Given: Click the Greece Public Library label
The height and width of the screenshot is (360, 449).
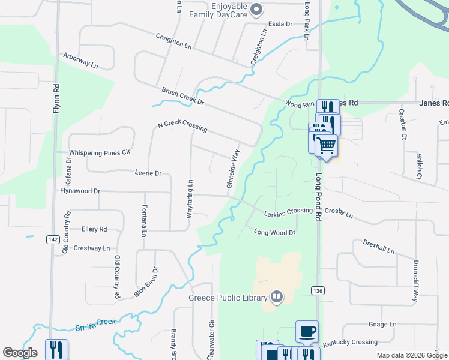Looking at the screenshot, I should (x=228, y=298).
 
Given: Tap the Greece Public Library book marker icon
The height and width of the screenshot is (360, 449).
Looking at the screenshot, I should (x=276, y=296).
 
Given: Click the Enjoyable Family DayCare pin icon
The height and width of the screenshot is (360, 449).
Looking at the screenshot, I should (x=257, y=8).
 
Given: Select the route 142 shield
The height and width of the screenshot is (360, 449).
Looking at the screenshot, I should (x=52, y=239).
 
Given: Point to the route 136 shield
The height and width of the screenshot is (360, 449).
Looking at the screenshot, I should (x=318, y=290).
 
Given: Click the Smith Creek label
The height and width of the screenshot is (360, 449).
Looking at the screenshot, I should (x=95, y=325).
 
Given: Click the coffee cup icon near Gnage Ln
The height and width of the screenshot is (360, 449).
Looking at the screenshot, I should (x=307, y=331).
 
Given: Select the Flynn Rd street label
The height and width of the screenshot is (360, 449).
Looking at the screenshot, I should (x=56, y=98).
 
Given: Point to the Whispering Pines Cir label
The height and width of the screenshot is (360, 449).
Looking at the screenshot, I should (x=100, y=152).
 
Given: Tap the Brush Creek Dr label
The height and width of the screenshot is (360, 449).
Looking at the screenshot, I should (x=183, y=96).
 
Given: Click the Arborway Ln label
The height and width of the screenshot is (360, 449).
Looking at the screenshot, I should (x=80, y=61).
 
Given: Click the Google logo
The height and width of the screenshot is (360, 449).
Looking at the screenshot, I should (x=20, y=353).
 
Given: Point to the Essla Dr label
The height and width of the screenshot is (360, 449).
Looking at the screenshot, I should (x=280, y=24).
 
